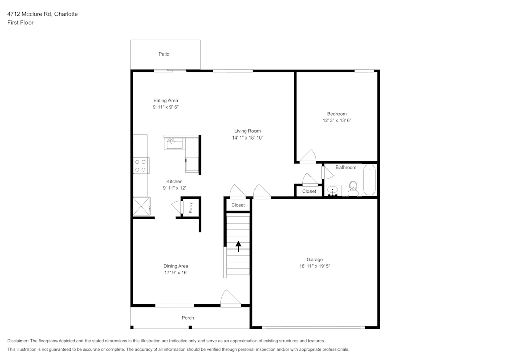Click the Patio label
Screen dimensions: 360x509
pyautogui.click(x=164, y=54)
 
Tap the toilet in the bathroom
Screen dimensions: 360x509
pyautogui.click(x=353, y=188)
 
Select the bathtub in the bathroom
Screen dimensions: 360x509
pyautogui.click(x=370, y=180)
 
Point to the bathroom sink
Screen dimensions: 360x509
pyautogui.click(x=333, y=190)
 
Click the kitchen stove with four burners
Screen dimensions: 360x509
pyautogui.click(x=140, y=165)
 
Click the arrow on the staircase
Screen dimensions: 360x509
pyautogui.click(x=238, y=246)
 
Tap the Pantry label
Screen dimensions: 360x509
pyautogui.click(x=191, y=208)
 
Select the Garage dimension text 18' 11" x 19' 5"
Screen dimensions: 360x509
pyautogui.click(x=315, y=266)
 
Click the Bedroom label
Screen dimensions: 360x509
pyautogui.click(x=336, y=114)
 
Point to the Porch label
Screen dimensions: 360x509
pyautogui.click(x=188, y=318)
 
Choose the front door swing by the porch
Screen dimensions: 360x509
pyautogui.click(x=231, y=298)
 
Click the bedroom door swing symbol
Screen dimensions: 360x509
pyautogui.click(x=308, y=157)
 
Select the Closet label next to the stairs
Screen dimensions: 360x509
pyautogui.click(x=238, y=205)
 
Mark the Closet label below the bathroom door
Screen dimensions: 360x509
pyautogui.click(x=309, y=191)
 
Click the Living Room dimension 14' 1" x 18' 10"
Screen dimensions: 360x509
pyautogui.click(x=247, y=138)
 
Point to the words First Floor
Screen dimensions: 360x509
pyautogui.click(x=20, y=23)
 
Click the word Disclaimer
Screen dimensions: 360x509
pyautogui.click(x=18, y=341)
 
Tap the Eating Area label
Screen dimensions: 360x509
pyautogui.click(x=165, y=100)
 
